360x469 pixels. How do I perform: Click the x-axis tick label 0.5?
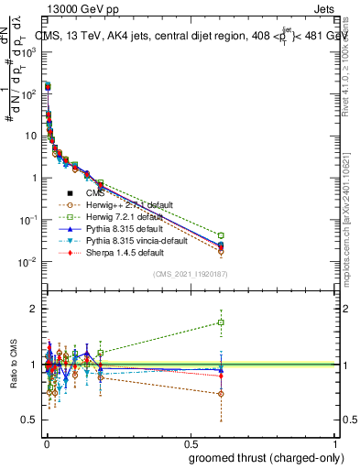(191, 443)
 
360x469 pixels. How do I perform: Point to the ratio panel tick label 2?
(33, 309)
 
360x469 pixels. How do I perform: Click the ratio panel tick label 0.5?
(29, 420)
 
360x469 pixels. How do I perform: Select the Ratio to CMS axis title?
(12, 365)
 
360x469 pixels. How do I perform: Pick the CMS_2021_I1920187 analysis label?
(191, 274)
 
